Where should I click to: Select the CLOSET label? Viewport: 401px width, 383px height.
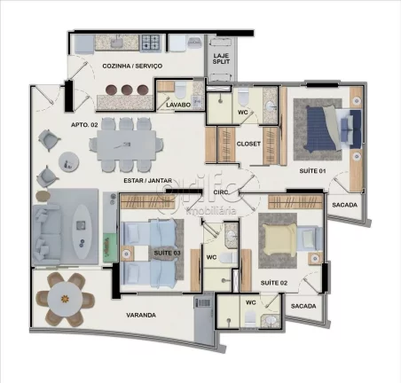tap(248, 143)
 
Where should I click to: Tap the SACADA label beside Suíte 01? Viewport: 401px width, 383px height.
tap(344, 205)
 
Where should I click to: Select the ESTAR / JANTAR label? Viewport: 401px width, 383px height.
tap(147, 180)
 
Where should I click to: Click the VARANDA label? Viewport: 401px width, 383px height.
tap(141, 314)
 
